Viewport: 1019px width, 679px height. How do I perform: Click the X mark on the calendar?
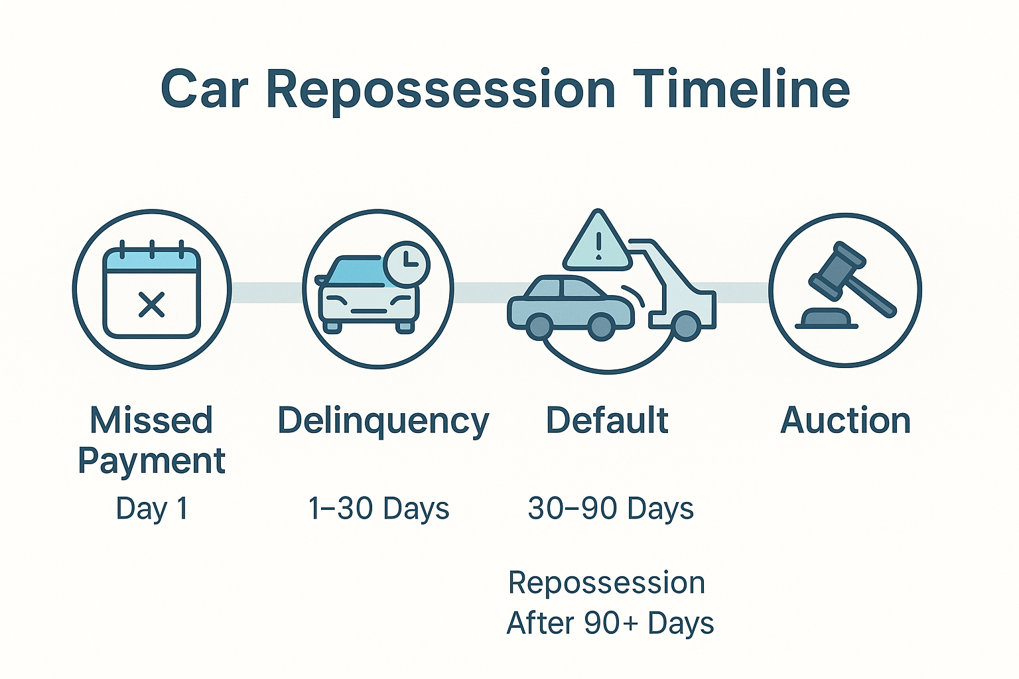[x=151, y=304]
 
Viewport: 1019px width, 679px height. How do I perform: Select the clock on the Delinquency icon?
[x=406, y=264]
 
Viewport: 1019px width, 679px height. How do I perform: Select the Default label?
[x=607, y=420]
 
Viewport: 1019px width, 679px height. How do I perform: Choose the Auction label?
[x=845, y=420]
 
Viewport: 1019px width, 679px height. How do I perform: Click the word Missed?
[x=151, y=420]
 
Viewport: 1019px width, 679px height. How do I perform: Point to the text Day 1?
[x=152, y=509]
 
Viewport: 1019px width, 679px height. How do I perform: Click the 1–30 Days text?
[x=379, y=508]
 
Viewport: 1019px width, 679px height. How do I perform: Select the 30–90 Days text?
[x=610, y=508]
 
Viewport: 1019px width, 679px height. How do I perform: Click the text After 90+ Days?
[x=610, y=623]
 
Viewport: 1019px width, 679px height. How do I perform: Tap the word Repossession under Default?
[x=606, y=583]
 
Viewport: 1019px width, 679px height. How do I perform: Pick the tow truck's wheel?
[x=686, y=326]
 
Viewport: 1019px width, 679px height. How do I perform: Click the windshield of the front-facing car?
[x=355, y=272]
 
